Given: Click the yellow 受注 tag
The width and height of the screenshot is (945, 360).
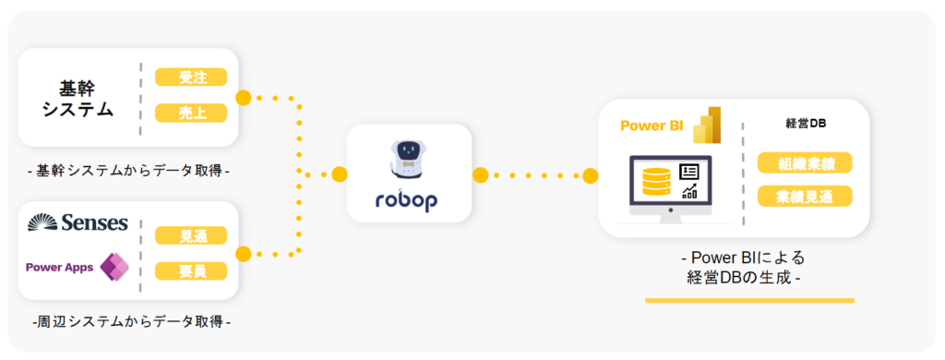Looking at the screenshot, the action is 191,78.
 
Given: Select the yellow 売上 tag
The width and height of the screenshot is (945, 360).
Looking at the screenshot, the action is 191,114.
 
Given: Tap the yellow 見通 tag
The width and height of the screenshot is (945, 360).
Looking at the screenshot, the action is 191,235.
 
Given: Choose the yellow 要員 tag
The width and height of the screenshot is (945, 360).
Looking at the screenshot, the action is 191,270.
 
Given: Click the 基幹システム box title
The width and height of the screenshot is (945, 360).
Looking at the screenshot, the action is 78,99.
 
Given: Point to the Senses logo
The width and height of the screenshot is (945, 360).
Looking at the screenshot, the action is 78,222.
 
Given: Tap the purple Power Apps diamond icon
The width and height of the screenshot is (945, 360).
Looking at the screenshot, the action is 114,267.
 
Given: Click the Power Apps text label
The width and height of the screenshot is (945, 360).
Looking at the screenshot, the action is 60,267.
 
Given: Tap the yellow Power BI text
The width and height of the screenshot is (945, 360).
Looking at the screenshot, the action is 652,126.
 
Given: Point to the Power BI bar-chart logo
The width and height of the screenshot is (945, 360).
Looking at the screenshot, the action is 707,125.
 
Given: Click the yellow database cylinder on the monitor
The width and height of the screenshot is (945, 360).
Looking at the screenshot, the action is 656,181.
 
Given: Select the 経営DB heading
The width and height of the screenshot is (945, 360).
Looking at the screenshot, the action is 805,124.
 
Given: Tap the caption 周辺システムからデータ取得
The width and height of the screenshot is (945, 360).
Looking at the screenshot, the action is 131,322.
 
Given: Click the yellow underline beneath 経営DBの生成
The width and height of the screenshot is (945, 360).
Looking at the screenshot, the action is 749,300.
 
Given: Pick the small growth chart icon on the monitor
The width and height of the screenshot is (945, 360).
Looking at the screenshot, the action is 689,192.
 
